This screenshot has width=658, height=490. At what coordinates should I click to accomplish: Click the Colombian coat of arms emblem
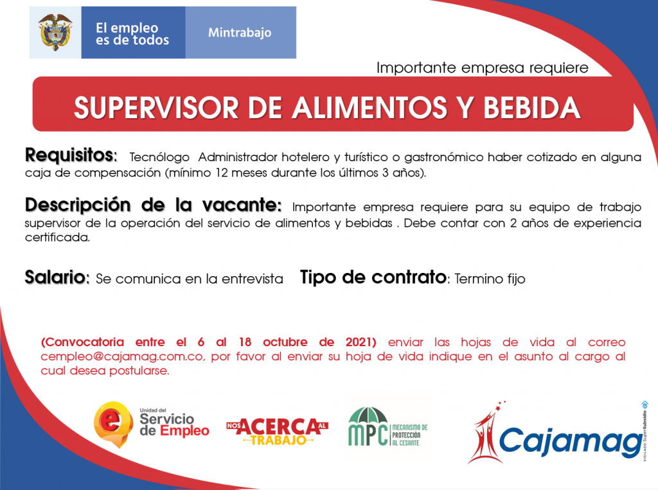click(x=55, y=32)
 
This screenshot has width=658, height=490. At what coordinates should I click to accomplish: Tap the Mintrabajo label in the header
click(x=240, y=33)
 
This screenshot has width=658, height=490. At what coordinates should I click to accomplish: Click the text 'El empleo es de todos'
click(x=132, y=33)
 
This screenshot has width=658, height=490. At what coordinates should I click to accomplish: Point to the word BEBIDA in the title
click(x=531, y=108)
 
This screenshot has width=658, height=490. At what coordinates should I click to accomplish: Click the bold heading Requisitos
click(x=71, y=155)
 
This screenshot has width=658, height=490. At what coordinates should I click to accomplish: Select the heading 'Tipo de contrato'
click(x=373, y=277)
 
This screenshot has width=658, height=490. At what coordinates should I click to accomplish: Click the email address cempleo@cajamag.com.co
click(x=123, y=356)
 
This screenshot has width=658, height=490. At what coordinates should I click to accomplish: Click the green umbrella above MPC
click(x=369, y=416)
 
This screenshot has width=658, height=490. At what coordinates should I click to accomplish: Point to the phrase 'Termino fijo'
click(x=490, y=279)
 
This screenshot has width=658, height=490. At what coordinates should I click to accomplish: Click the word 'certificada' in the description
click(x=57, y=238)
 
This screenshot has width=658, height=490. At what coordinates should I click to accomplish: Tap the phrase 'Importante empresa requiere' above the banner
click(x=482, y=67)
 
